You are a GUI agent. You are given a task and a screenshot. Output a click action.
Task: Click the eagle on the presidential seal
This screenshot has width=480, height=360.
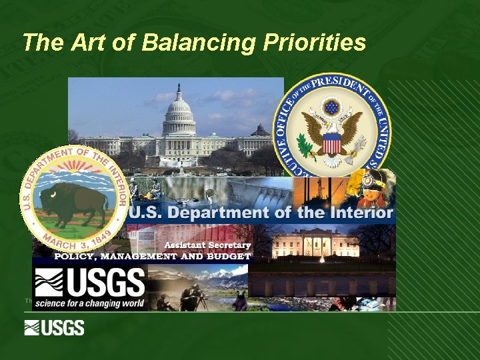coord(331,131)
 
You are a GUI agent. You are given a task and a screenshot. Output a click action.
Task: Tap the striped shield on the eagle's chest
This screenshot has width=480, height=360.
coord(331,142)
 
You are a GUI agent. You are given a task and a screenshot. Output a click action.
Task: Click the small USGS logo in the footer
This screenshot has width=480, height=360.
coord(55,328)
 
